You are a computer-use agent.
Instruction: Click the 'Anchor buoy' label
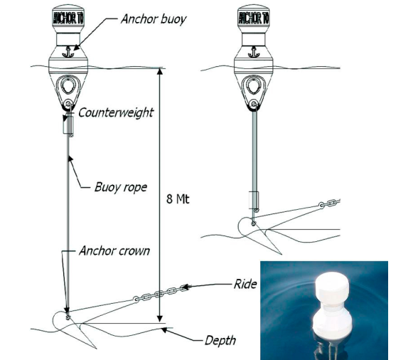pos(154,19)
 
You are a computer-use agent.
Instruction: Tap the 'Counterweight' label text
pos(116,112)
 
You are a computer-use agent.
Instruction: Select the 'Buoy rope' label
pos(121,187)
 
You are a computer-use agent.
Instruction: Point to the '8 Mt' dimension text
pos(178,199)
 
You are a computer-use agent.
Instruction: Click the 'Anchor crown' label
pos(114,251)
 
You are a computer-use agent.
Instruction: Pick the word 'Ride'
pos(245,284)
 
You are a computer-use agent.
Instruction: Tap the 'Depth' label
pos(220,341)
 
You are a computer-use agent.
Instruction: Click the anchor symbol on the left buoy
pos(68,51)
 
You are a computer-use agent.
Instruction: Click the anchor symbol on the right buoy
pos(254,52)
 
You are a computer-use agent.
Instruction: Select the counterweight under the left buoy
pos(68,124)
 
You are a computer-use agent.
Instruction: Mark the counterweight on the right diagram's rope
pos(253,200)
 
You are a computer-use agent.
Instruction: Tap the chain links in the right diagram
pos(330,203)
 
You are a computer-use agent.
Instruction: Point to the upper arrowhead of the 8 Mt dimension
pos(160,72)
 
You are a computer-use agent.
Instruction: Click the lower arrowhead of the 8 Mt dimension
pos(160,319)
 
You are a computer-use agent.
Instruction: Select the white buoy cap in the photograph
pos(332,287)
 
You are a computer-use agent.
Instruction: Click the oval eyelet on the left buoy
pos(68,85)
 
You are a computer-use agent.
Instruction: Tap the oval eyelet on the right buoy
pos(254,85)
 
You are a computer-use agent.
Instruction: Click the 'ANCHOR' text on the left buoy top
pos(68,18)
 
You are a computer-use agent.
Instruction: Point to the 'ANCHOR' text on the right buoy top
pos(254,18)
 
